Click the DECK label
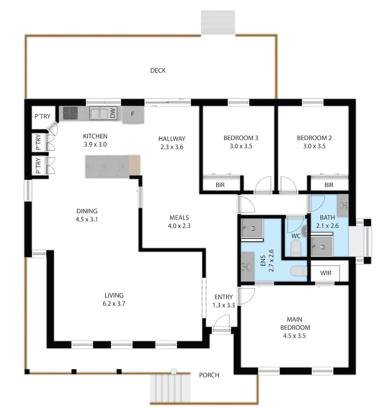tap(158, 71)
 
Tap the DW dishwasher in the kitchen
tap(113, 113)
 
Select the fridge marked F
tap(133, 114)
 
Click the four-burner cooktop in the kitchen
tap(70, 113)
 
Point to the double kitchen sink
tap(99, 113)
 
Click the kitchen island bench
tap(113, 166)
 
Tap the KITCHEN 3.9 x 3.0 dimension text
tap(95, 144)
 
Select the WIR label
tap(326, 273)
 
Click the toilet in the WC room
tap(295, 248)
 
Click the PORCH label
tap(209, 375)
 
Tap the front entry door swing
tap(222, 323)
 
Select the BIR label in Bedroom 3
tap(220, 185)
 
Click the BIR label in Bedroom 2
tap(329, 185)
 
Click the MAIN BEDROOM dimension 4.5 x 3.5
tap(295, 336)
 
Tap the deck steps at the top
tap(218, 22)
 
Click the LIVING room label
tap(114, 295)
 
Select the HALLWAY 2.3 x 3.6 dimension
tap(172, 147)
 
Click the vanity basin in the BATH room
tap(343, 206)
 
